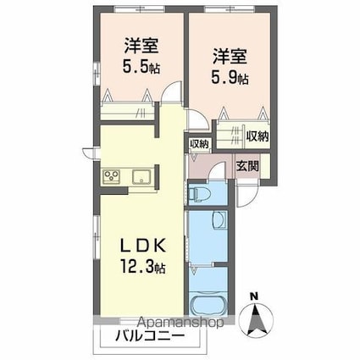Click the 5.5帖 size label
point(141,67)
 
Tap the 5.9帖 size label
point(230,77)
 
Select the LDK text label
point(142,246)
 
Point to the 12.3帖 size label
point(143,266)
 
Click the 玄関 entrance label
point(247,166)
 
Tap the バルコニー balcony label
point(150,335)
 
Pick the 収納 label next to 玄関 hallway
point(199,144)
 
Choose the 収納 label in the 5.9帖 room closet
point(258,136)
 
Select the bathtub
point(208,304)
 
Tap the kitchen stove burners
point(112,176)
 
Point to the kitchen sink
point(142,176)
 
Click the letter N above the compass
point(255,296)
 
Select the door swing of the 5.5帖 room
point(172,91)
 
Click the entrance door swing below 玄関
point(248,196)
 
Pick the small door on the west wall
point(90,152)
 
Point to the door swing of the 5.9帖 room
point(198,119)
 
